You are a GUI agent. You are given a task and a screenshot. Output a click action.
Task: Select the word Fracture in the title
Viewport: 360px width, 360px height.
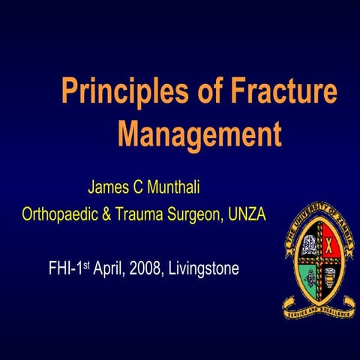(x=278, y=92)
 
